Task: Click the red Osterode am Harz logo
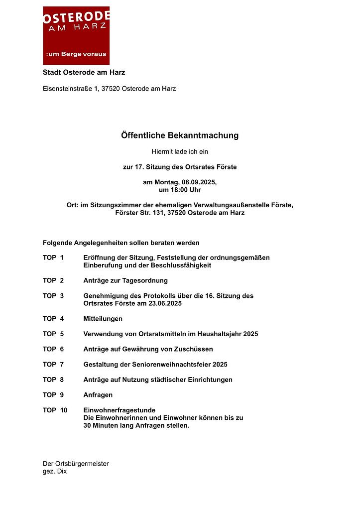[x=76, y=35]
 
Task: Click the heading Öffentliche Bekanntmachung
[x=180, y=135]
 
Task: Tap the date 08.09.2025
[x=199, y=183]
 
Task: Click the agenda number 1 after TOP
[x=62, y=257]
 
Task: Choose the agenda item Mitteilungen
[x=103, y=319]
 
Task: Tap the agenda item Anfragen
[x=98, y=395]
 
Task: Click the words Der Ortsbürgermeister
[x=76, y=464]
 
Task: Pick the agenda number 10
[x=63, y=410]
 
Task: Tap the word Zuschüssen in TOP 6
[x=193, y=349]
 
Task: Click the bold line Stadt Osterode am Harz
[x=84, y=73]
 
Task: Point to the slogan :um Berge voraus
[x=76, y=54]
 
